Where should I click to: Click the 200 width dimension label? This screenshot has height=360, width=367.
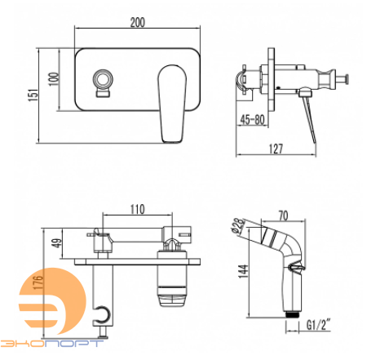click(x=138, y=22)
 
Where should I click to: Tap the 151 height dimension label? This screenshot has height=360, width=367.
click(x=33, y=95)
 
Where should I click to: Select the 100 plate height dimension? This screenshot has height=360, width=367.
click(x=54, y=79)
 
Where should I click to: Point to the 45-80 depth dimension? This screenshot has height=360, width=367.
click(x=252, y=119)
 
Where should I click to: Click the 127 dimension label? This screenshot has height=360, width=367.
click(x=276, y=149)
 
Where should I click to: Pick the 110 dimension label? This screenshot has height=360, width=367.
click(x=138, y=210)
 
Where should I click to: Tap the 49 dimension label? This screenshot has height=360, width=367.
click(x=56, y=243)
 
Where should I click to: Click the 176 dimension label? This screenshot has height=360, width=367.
click(x=38, y=282)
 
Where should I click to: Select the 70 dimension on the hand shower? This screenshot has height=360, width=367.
click(x=283, y=216)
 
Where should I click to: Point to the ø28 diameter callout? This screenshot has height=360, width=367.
click(x=238, y=226)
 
